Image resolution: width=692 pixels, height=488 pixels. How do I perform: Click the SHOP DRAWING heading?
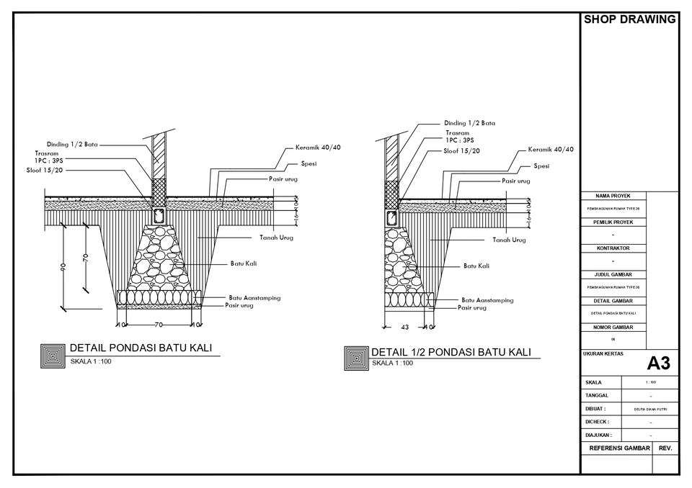click(x=629, y=19)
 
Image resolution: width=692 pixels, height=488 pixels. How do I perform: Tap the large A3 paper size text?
click(x=658, y=363)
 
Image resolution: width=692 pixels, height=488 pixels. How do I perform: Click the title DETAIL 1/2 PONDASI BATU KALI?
click(x=451, y=352)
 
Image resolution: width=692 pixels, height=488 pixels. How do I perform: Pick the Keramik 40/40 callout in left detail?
click(x=318, y=148)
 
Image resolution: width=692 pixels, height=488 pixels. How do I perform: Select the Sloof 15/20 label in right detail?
click(x=462, y=150)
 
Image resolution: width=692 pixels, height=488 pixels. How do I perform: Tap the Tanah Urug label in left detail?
click(x=276, y=238)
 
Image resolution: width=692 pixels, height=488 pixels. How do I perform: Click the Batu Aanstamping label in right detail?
click(x=487, y=300)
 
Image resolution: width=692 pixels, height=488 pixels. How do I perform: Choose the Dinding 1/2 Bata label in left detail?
click(x=72, y=144)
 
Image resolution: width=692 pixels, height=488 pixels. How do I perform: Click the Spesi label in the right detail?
click(x=541, y=166)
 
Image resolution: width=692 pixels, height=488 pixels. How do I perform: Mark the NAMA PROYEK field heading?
click(x=613, y=196)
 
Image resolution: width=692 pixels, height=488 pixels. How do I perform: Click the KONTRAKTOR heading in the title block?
click(x=613, y=248)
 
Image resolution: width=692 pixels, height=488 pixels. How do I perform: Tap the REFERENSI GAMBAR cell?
click(x=619, y=448)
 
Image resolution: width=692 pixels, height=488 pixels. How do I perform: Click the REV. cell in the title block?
click(x=665, y=448)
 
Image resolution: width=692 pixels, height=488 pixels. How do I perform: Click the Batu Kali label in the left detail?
click(x=244, y=263)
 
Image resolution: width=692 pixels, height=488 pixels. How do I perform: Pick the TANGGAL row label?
click(x=598, y=395)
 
